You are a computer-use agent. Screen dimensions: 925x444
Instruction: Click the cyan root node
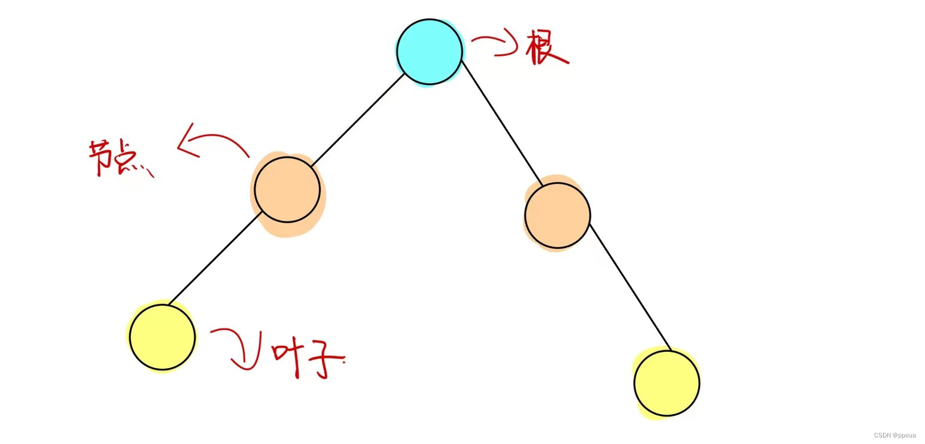[x=430, y=51]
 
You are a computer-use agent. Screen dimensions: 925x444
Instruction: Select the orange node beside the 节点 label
[x=287, y=190]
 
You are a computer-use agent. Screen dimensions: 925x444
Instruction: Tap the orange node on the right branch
[x=557, y=215]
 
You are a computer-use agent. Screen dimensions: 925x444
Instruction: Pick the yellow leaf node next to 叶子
[x=162, y=337]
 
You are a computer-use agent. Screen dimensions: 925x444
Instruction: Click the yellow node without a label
[x=667, y=383]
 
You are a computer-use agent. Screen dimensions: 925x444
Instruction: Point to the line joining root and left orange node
[x=358, y=120]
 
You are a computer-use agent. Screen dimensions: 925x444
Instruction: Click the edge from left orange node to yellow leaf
[x=214, y=259]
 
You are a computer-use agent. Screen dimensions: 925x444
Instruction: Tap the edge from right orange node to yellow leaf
[x=630, y=287]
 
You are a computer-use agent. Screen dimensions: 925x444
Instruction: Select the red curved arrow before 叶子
[x=239, y=347]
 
